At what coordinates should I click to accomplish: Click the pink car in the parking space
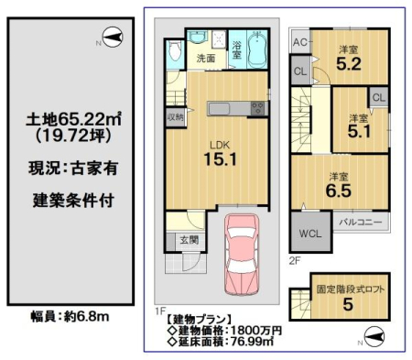(242, 255)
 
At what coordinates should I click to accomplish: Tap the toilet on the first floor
(175, 51)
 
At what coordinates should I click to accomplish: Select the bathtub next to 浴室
(257, 49)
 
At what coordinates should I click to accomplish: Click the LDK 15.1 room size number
(220, 159)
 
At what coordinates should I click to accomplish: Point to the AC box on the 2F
(300, 42)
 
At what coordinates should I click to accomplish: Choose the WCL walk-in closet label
(310, 234)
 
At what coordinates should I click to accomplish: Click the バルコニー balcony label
(361, 222)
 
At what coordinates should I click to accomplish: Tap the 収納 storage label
(175, 116)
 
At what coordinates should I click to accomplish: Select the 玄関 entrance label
(190, 240)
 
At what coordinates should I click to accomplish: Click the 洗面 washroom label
(206, 59)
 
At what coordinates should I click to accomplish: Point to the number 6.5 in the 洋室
(339, 191)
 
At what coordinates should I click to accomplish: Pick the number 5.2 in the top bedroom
(349, 64)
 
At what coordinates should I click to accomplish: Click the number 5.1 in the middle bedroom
(359, 132)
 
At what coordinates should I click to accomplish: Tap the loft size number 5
(348, 304)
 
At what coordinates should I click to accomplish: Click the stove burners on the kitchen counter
(258, 108)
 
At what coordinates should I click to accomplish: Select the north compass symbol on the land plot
(113, 38)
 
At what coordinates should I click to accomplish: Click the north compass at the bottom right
(374, 336)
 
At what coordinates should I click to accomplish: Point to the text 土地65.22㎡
(73, 119)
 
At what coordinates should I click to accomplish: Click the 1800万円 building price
(255, 331)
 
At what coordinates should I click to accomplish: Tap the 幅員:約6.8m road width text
(70, 317)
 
